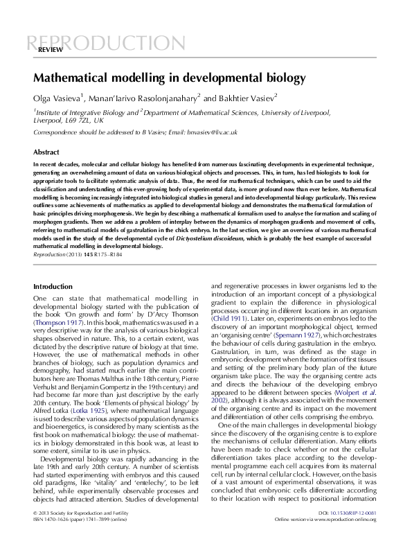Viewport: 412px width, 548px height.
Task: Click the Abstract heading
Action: point(47,151)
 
